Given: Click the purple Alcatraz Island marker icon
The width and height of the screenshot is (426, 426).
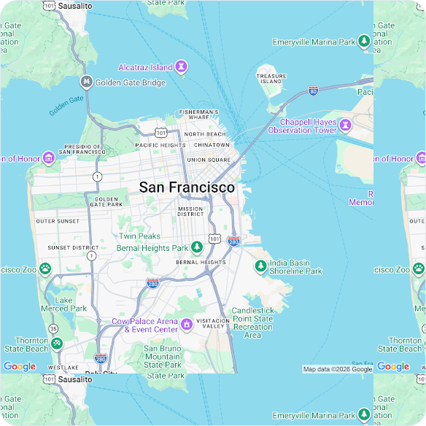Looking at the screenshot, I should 181,66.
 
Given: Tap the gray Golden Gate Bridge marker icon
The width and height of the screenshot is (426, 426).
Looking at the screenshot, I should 86,82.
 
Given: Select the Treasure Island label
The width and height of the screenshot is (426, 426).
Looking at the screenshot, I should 271,79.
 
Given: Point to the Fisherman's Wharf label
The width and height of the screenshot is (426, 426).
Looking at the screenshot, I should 198,115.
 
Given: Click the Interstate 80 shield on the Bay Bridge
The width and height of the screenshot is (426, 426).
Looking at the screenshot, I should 313,91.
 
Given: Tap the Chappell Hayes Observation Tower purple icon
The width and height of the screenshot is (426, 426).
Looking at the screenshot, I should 345,125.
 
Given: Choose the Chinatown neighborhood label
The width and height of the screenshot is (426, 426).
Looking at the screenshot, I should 212,145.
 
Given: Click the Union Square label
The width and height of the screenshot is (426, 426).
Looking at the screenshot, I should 209,160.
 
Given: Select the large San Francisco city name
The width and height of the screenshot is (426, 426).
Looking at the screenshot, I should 187,187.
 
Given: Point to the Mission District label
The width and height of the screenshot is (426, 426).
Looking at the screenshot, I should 190,212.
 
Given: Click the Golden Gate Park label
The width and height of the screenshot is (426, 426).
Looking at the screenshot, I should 106,202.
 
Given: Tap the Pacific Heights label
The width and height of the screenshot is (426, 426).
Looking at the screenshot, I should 160,145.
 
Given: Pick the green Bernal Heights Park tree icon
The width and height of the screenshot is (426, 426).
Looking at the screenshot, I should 197,247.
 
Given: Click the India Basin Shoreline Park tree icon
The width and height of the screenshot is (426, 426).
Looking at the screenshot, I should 260,266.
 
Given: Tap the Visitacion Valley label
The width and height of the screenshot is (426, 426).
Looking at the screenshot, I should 213,324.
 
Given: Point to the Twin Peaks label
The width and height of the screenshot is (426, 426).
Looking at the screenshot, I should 140,236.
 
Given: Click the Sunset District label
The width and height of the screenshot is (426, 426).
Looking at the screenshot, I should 73,248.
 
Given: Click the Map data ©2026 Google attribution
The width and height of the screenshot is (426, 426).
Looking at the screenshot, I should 337,369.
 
